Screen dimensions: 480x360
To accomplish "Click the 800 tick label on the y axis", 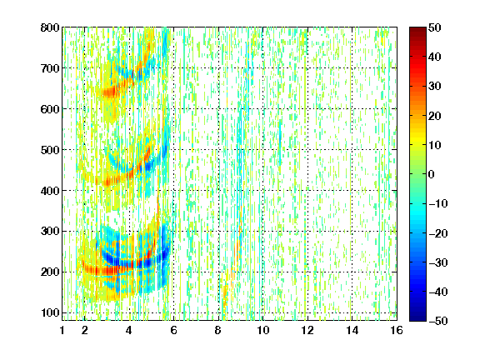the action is click(x=50, y=27).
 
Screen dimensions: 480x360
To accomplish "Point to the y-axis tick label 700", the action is click(x=50, y=68).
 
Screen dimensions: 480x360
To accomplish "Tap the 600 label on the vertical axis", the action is click(x=50, y=109).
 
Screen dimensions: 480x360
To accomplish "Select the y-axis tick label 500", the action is click(x=50, y=150).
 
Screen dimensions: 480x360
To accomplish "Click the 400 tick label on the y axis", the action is click(x=50, y=191).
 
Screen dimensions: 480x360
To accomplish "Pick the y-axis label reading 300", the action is click(x=50, y=232).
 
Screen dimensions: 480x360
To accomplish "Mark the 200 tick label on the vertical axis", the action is click(x=50, y=272).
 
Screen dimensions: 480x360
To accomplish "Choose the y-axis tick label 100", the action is click(x=50, y=312).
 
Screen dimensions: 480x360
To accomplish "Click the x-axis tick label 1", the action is click(x=62, y=330).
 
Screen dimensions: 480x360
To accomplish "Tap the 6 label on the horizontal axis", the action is click(x=174, y=330).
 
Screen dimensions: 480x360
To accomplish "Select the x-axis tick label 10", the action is click(x=263, y=330).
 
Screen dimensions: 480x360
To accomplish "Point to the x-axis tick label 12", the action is click(x=307, y=330).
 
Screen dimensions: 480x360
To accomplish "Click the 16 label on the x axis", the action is click(x=397, y=330).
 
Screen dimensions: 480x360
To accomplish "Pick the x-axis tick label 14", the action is click(x=352, y=330).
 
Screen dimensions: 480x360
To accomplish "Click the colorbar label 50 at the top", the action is click(x=434, y=27).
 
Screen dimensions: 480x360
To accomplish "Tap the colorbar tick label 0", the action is click(x=432, y=174).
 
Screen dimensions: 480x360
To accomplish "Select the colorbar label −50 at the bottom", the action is click(x=438, y=321).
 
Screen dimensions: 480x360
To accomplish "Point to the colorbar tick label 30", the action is click(x=434, y=87).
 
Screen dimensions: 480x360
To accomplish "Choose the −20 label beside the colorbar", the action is click(x=438, y=233).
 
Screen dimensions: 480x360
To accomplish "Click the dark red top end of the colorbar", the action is click(x=417, y=29).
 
